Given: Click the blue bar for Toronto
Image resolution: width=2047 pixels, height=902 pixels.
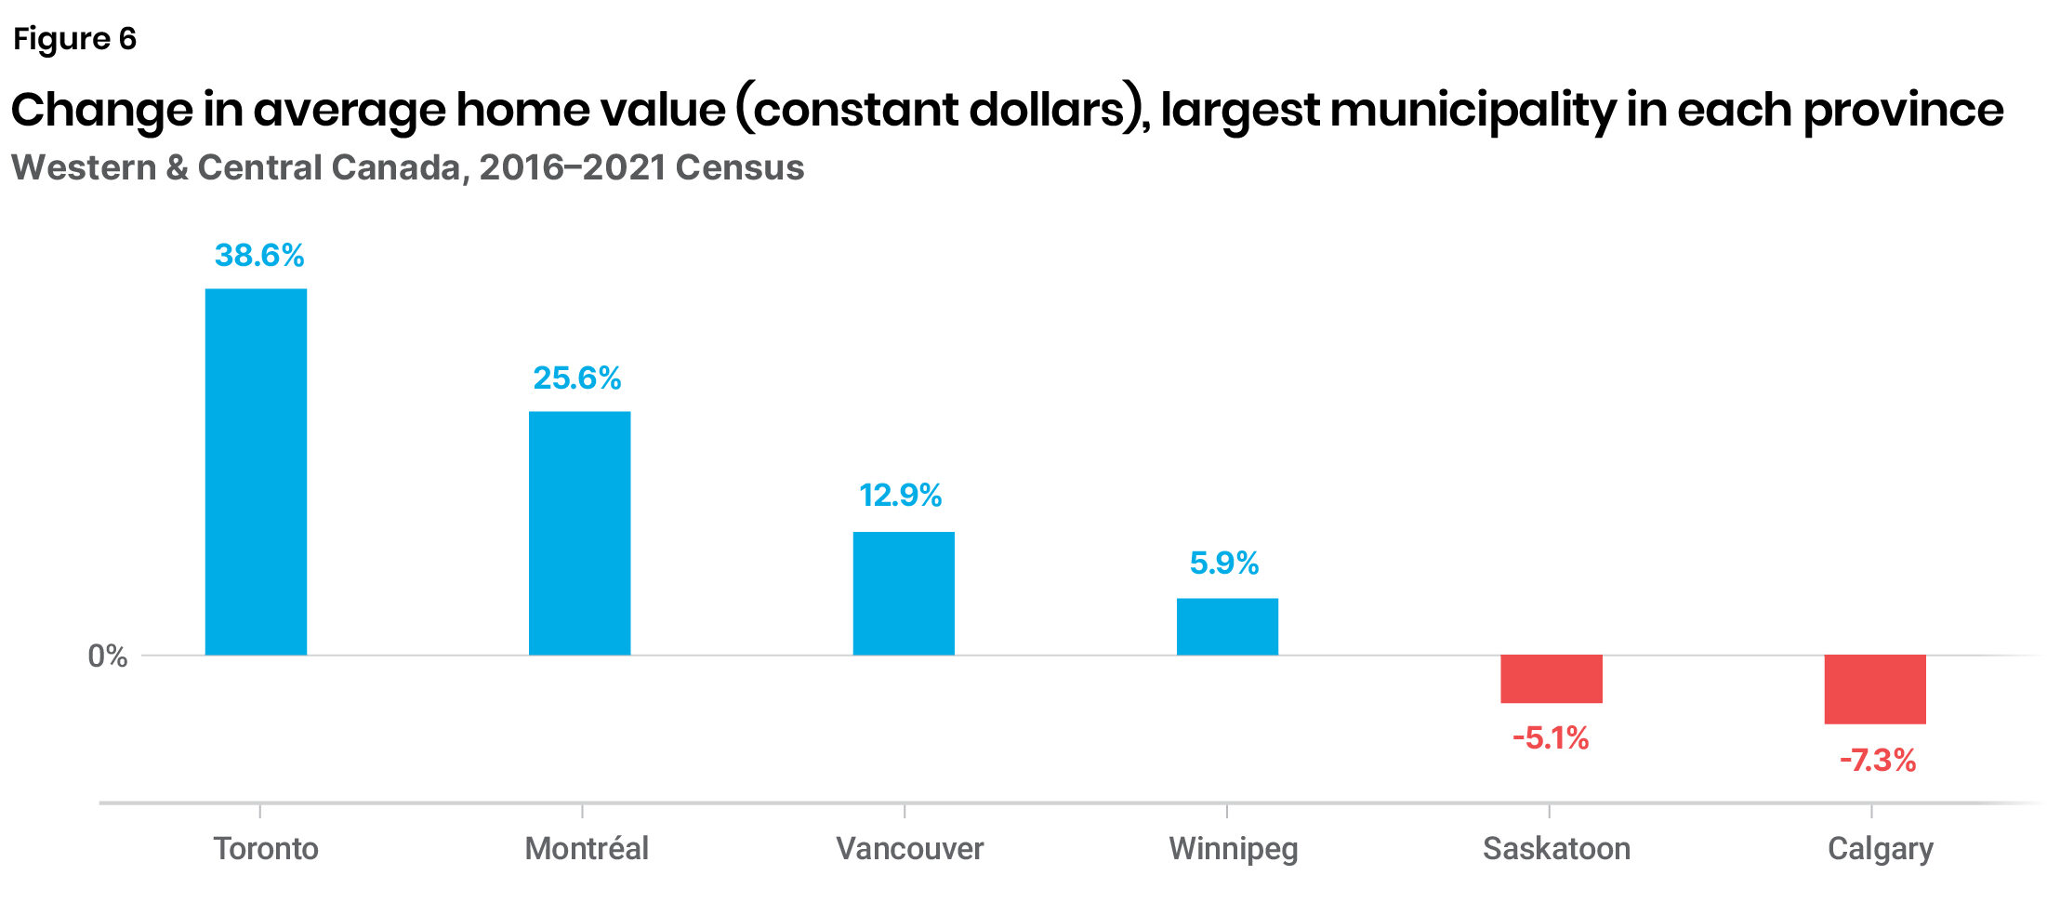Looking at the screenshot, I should [256, 471].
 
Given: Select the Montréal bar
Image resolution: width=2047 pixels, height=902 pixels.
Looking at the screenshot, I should [579, 533].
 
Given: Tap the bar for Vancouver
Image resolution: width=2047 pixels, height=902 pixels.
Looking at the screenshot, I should [904, 593].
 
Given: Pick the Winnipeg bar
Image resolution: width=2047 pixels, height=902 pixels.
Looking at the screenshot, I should [1227, 627].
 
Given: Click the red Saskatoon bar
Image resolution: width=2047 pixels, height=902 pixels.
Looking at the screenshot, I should [1551, 679].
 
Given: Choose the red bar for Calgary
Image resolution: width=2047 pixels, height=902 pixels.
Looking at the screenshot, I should [1875, 689].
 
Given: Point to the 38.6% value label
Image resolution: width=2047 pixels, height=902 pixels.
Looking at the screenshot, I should [259, 255].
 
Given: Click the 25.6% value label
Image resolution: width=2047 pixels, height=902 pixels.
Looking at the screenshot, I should [577, 378].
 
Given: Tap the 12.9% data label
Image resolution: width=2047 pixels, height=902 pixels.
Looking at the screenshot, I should [900, 495].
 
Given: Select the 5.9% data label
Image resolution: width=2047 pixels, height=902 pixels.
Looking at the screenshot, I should [1224, 563].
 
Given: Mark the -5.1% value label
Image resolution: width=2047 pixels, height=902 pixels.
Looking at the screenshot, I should [1551, 738].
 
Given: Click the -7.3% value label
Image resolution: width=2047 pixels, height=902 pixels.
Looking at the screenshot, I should [1878, 761].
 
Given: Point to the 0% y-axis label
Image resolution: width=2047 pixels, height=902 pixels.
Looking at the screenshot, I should [108, 657].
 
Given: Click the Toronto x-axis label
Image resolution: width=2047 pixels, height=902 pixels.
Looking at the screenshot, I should [266, 848].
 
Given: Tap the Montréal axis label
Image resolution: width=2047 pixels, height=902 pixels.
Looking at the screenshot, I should [587, 848].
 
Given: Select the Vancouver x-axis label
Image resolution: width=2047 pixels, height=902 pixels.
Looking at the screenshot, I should [909, 848].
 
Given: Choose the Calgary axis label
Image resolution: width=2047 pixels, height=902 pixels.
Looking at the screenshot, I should [1880, 848].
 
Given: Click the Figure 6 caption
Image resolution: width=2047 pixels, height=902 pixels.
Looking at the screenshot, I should [74, 38].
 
